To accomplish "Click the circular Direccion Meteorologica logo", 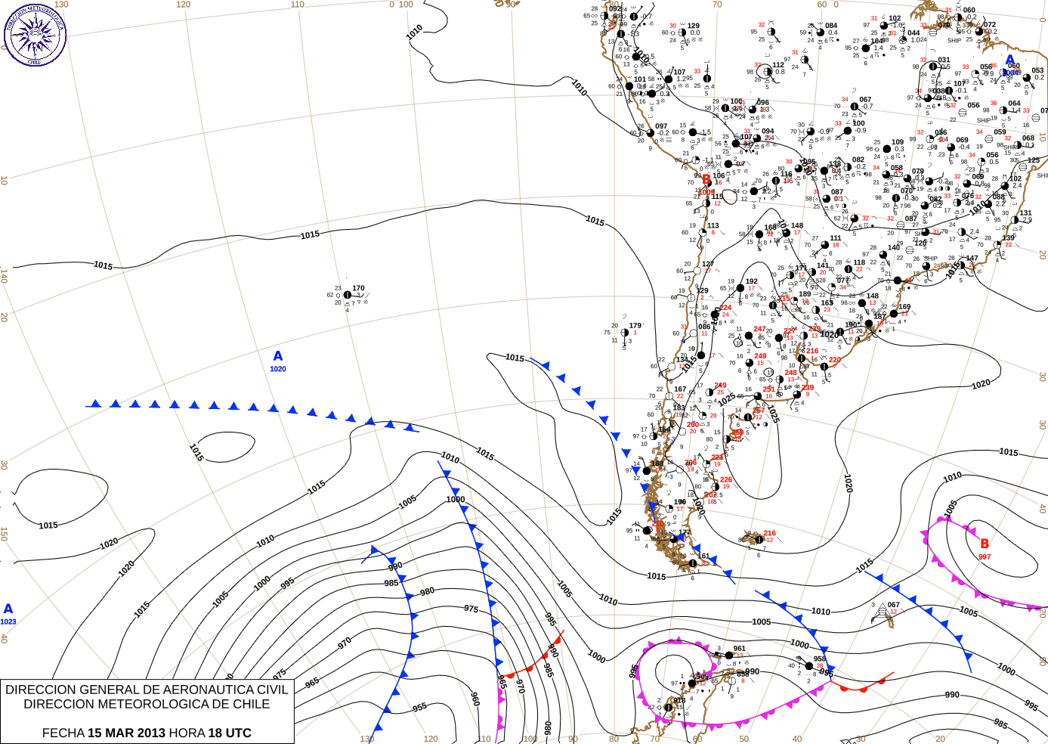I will pos(35,34).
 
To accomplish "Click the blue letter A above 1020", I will pos(278,356).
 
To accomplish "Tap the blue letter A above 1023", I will pos(8,609).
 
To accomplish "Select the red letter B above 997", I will pos(985,544).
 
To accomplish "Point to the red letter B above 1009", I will pos(706,180).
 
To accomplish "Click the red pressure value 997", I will pos(985,557).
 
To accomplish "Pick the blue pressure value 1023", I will pos(8,622).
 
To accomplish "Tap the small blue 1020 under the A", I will pos(278,369).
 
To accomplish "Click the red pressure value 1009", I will pos(706,192).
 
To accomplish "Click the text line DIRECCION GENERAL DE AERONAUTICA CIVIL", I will pos(147,690).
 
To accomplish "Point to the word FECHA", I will pos(63,733).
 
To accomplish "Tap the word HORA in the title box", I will pos(186,733).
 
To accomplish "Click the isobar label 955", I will pos(419,707).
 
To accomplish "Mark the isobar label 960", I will pos(475,699).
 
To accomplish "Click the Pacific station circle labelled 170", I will pos(347,295).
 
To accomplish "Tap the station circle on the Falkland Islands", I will pos(759,539).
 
